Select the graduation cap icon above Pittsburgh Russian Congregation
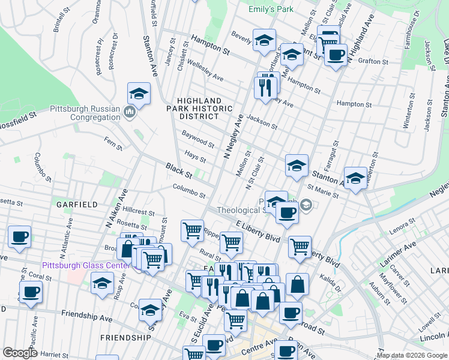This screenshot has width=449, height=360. click(x=138, y=95)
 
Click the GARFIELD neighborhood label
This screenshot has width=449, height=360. click(x=77, y=205)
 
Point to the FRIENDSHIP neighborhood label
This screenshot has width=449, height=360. click(x=125, y=338)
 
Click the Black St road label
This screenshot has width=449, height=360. click(x=179, y=170)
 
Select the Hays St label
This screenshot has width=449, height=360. click(x=195, y=157)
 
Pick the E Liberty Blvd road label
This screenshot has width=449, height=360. click(x=258, y=230)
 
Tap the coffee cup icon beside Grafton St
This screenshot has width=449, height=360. click(x=336, y=56)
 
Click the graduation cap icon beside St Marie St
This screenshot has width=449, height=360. click(x=355, y=178)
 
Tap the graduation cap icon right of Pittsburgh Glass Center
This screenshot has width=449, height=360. click(x=103, y=283)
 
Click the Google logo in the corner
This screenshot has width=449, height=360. click(x=19, y=353)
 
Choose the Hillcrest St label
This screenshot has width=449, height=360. click(x=139, y=211)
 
